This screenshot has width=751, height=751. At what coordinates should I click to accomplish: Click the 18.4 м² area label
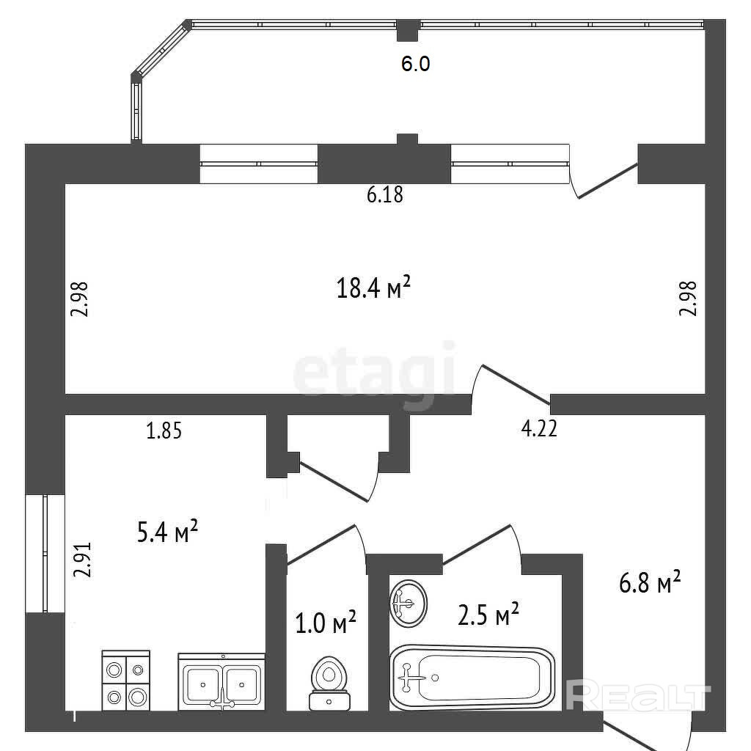pyautogui.click(x=373, y=287)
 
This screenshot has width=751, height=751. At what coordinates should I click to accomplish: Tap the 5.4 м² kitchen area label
pyautogui.click(x=168, y=532)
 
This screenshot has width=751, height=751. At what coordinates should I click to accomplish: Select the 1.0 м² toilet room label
pyautogui.click(x=325, y=624)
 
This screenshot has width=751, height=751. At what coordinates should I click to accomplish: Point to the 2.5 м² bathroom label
pyautogui.click(x=488, y=615)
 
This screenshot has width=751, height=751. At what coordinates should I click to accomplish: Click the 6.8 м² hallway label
pyautogui.click(x=651, y=584)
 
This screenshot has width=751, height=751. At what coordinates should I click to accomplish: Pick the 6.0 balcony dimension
pyautogui.click(x=415, y=65)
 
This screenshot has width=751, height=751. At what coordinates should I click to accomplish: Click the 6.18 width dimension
pyautogui.click(x=385, y=195)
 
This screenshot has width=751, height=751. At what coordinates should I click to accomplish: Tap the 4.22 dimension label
pyautogui.click(x=539, y=428)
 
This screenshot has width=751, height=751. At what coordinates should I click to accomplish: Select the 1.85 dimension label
pyautogui.click(x=164, y=431)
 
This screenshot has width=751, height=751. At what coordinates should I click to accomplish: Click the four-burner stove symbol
pyautogui.click(x=125, y=681)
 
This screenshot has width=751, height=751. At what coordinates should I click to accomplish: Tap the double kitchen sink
pyautogui.click(x=221, y=682)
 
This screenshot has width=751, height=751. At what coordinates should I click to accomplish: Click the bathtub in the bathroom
pyautogui.click(x=472, y=678)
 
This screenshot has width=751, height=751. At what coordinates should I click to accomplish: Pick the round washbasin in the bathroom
pyautogui.click(x=408, y=603)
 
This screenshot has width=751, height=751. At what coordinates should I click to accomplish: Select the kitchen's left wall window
pyautogui.click(x=45, y=554)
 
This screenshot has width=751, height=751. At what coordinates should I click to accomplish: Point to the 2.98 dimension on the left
pyautogui.click(x=80, y=299)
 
